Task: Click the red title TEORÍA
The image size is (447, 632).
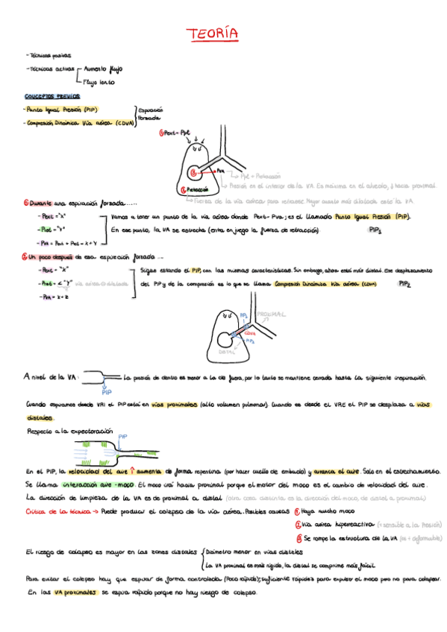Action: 212,34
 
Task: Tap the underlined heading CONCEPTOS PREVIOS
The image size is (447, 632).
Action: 52,96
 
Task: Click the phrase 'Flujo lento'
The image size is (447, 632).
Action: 100,82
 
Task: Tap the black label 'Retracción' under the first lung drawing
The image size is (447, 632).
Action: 196,190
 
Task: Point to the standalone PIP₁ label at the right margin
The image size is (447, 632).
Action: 375,231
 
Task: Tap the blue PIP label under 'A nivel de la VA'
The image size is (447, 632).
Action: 107,391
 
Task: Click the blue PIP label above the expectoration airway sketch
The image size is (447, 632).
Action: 123,437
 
